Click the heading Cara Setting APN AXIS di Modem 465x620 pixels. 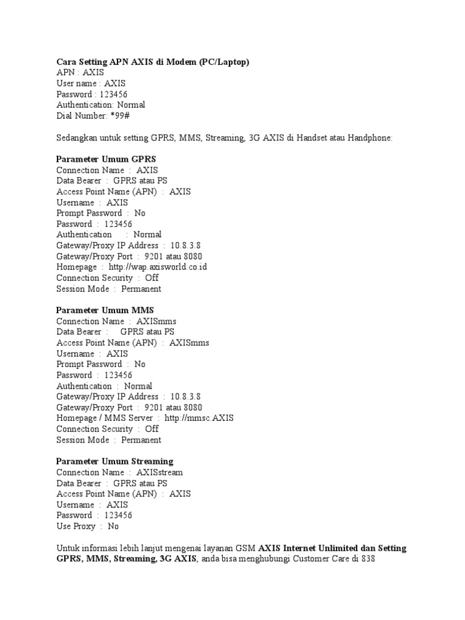tap(153, 62)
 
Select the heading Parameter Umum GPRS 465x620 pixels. tap(107, 159)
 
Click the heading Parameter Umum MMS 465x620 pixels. tap(105, 310)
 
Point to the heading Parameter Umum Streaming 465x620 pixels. tap(115, 461)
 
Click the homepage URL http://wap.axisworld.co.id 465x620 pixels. tap(158, 267)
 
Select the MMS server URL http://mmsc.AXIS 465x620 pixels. tap(199, 418)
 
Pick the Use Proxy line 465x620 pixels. tap(88, 527)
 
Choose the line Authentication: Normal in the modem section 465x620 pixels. tap(101, 105)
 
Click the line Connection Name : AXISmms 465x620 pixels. tap(117, 321)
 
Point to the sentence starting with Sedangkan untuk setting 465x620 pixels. tap(225, 138)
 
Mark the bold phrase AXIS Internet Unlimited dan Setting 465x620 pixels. tap(332, 549)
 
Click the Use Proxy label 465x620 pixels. tap(76, 527)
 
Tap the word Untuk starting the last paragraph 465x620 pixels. tap(68, 549)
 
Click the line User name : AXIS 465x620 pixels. tap(91, 83)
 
